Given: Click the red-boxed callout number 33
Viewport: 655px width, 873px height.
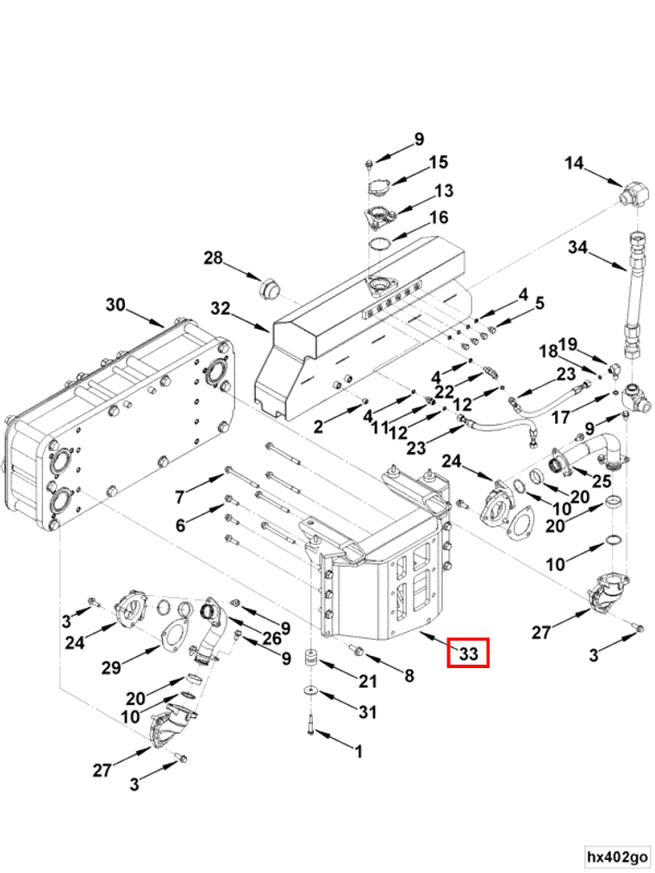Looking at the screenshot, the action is point(469,653).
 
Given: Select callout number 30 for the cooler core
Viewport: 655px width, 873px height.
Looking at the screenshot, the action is point(116,305).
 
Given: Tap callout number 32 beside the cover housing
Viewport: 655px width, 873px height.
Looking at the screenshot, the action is point(221,308).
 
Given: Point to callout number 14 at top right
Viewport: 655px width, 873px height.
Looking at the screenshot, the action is point(574,163).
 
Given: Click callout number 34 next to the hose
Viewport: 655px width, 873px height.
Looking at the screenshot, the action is point(578,246).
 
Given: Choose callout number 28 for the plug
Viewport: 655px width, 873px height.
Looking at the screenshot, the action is point(213,258).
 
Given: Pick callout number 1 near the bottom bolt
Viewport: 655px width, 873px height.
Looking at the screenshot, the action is point(359,752).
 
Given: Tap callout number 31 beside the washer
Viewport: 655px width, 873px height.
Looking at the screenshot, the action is point(368,711).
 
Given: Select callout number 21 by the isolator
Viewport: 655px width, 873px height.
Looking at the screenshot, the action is point(368,681).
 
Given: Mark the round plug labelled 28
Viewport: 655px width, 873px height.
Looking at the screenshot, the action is point(271,289).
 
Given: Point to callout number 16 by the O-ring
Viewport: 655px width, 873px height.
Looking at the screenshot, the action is point(440,217).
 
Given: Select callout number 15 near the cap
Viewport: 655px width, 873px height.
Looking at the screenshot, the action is point(438,162).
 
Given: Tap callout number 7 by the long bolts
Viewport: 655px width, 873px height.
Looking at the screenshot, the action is point(179,497).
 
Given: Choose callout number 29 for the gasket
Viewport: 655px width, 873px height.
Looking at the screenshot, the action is point(111,667).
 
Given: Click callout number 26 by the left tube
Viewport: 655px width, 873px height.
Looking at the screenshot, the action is point(272,638).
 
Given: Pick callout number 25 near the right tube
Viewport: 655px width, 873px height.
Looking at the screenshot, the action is point(602,480).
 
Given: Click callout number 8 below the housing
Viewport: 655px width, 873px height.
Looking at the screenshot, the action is point(409,675).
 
